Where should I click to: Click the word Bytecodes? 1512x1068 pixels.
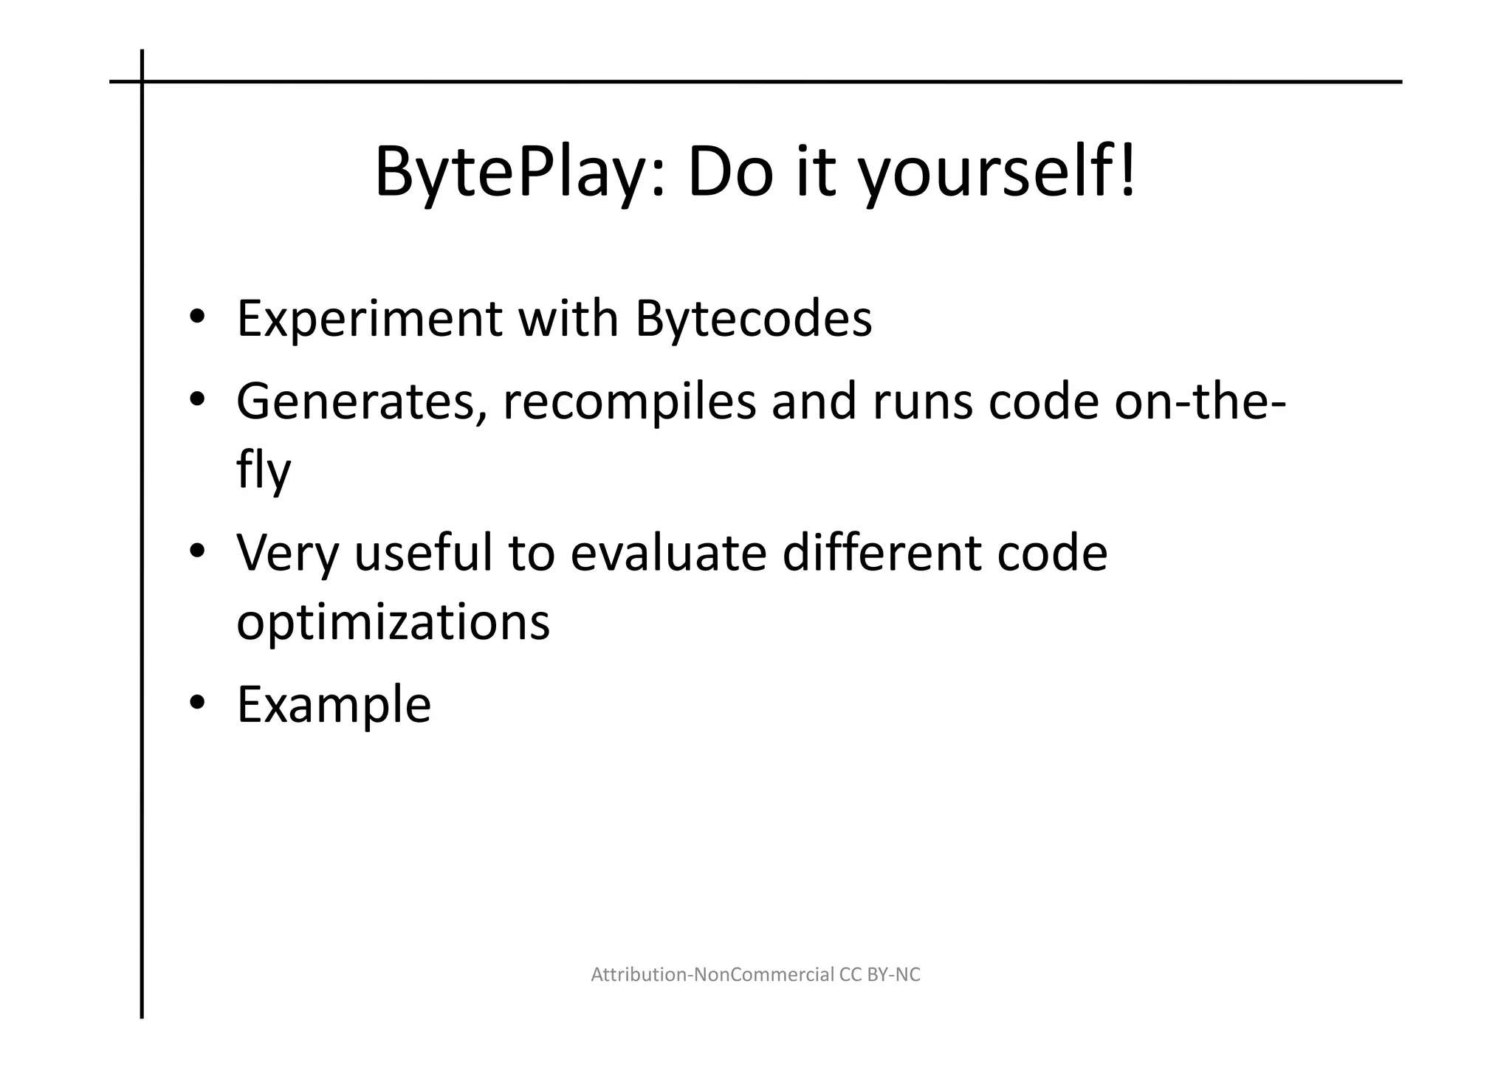[753, 320]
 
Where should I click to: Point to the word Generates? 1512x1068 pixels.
[361, 402]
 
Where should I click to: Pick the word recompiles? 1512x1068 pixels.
[630, 402]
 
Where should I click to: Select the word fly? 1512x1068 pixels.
[264, 471]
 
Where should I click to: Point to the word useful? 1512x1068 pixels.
[423, 554]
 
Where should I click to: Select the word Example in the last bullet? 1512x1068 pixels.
[334, 706]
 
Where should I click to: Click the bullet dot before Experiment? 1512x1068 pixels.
[196, 319]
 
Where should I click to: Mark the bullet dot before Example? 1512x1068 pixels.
[196, 704]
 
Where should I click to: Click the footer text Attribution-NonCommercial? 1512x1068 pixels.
[712, 975]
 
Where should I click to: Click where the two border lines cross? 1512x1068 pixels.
[142, 82]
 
